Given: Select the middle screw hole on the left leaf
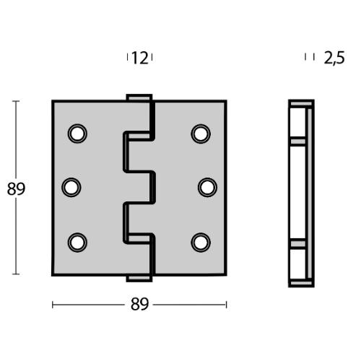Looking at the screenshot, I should coord(71,187).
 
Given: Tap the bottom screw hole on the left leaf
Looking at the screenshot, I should coord(77,240).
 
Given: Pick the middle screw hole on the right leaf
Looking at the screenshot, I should coord(207,187).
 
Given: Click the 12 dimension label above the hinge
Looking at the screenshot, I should coord(140,58).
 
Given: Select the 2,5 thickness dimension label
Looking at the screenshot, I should coord(334,58).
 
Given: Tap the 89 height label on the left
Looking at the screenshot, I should coord(16,189).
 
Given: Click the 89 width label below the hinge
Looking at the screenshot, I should coord(140,305).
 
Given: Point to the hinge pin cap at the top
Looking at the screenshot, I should coord(139,97).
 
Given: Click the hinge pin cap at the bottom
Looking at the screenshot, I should coord(139,279).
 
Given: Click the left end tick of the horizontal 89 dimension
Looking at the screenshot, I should coord(53,305).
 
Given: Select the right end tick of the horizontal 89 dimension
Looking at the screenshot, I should coord(227,305).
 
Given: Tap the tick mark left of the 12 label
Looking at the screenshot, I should coord(127,58).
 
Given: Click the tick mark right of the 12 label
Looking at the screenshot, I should coord(153,58).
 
